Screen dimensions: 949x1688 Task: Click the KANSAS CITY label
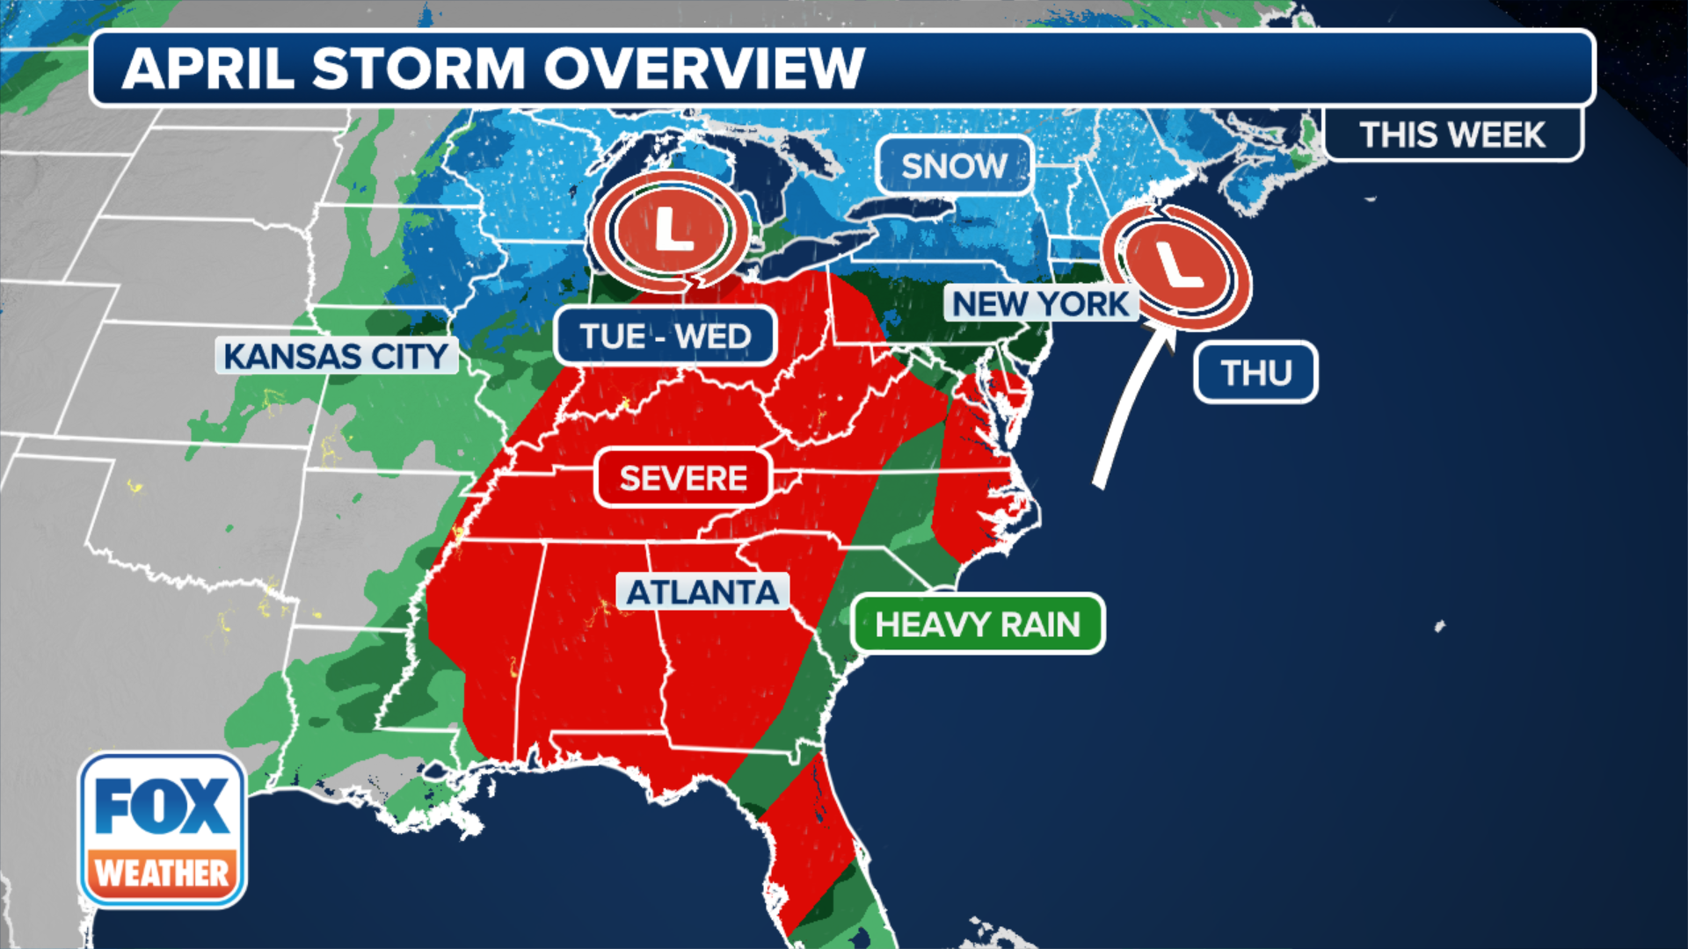tap(337, 356)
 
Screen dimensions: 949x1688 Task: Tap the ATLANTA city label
tap(702, 592)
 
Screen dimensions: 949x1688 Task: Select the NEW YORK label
tap(1041, 304)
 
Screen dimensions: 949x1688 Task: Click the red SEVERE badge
tap(683, 478)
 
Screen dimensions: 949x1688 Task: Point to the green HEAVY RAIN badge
tap(978, 624)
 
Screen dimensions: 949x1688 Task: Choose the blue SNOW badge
tap(954, 165)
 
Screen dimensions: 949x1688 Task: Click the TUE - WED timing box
tap(666, 336)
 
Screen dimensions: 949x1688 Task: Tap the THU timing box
tap(1255, 373)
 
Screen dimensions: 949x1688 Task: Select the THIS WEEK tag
tap(1452, 135)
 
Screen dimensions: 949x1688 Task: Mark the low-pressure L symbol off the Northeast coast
tap(1176, 266)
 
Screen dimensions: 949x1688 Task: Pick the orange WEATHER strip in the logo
tap(163, 873)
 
